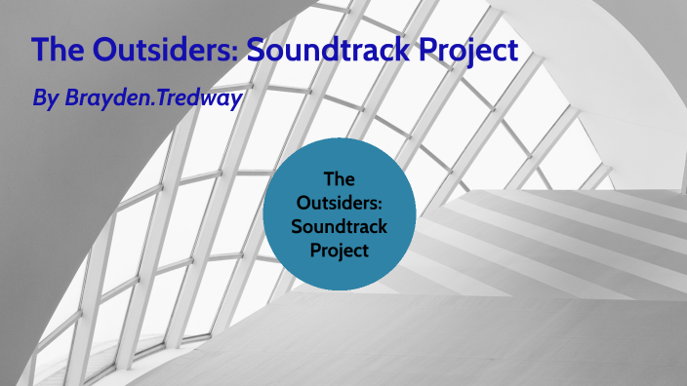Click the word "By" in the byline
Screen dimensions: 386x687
click(x=45, y=98)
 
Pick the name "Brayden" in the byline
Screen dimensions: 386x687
click(x=103, y=98)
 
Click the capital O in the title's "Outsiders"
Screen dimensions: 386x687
click(x=106, y=51)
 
